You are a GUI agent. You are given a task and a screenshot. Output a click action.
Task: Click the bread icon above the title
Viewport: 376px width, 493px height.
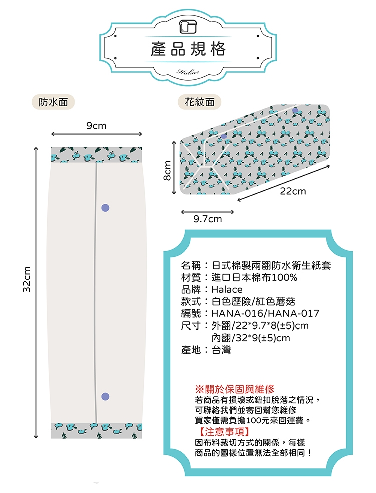point(187,27)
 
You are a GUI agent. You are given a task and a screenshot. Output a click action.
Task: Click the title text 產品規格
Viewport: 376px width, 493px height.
point(188,49)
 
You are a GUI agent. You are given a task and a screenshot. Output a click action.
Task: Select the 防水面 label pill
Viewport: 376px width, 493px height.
point(53,102)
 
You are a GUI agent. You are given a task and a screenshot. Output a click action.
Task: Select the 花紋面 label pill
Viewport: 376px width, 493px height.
point(200,102)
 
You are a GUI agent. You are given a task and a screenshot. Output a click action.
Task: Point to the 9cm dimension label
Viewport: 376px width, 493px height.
point(97,126)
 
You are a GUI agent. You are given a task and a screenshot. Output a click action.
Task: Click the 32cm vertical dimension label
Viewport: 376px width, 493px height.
point(27,279)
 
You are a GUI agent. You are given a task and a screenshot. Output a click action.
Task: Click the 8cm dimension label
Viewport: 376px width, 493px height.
point(168,170)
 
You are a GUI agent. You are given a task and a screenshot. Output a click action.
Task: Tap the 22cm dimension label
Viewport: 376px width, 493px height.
point(293,191)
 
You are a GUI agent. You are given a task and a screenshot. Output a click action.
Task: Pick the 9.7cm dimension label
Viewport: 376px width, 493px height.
point(208,219)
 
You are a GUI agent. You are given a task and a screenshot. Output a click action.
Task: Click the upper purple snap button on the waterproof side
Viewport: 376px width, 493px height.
point(105,208)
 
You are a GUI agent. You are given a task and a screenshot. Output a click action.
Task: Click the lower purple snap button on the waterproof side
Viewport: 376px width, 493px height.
point(105,397)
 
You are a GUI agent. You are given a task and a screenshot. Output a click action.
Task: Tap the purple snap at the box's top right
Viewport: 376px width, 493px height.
point(295,111)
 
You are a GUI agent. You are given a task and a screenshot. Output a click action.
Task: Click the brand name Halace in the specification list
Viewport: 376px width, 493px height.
point(227,289)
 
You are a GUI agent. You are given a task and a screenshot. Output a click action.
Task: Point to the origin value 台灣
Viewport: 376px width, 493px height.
point(221,350)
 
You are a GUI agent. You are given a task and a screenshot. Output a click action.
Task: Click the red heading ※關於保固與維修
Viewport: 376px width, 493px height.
point(235,389)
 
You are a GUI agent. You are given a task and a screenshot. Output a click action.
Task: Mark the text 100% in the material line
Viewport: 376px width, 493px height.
point(285,278)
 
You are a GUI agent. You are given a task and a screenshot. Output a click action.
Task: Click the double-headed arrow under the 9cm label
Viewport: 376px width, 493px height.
point(97,134)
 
